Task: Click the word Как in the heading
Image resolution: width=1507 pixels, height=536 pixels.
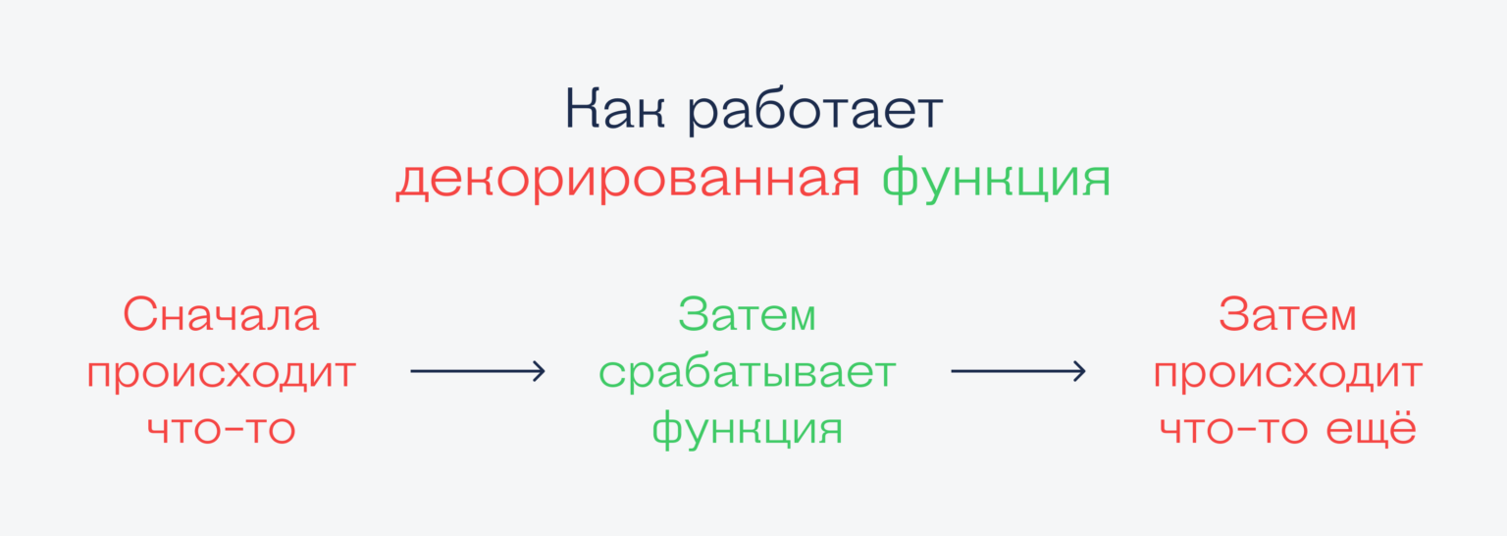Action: coord(615,111)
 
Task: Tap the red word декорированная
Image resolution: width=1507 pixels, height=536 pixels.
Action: coord(628,181)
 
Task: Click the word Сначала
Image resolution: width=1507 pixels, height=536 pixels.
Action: coord(222,316)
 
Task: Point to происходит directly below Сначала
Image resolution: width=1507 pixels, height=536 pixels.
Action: coord(222,375)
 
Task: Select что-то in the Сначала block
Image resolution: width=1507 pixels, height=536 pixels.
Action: coord(222,430)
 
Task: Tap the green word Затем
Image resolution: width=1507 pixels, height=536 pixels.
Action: coord(748,316)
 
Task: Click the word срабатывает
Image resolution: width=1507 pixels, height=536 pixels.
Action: coord(748,373)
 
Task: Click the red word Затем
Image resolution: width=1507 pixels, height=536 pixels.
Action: coord(1287,316)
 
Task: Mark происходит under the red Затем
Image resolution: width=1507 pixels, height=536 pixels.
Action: coord(1287,375)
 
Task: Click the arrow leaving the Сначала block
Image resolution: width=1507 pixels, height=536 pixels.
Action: coord(477,371)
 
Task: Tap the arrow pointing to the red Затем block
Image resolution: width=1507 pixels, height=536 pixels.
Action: coord(1017,371)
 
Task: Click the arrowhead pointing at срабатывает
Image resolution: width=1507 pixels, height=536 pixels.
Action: coord(539,371)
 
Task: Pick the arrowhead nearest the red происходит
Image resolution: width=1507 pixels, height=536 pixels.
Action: coord(1079,371)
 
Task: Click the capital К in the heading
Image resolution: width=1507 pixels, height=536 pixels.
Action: coord(581,111)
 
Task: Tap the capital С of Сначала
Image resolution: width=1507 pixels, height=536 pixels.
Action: coord(139,316)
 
